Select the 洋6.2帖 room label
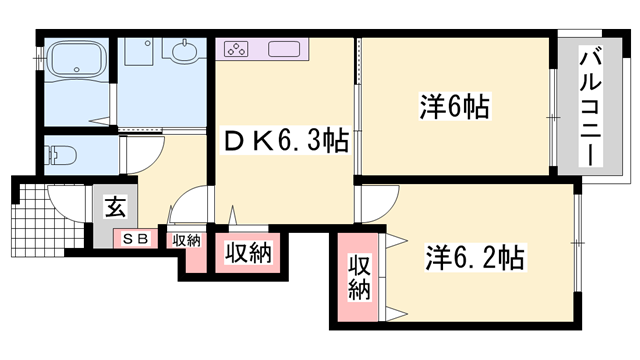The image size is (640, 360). [x=475, y=258]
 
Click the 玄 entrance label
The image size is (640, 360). [x=115, y=209]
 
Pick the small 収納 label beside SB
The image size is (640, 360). [x=185, y=240]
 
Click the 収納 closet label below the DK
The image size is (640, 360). [x=247, y=253]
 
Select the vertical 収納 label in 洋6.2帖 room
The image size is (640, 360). [x=360, y=278]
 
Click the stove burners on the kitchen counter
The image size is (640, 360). [x=237, y=47]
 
